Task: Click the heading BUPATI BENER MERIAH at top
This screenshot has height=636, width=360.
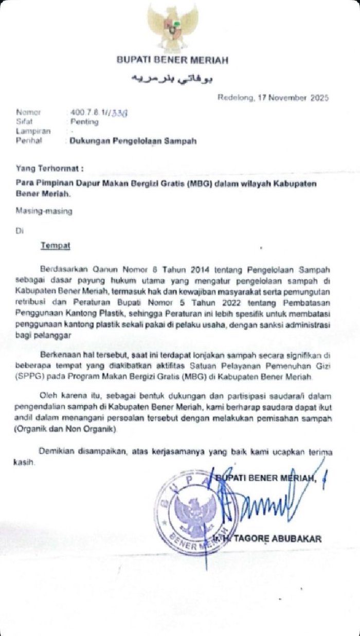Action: (172, 61)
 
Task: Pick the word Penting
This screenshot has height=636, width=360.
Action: (84, 122)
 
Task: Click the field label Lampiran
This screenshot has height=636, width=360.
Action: (29, 131)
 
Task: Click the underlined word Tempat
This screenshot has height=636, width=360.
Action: (56, 245)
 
